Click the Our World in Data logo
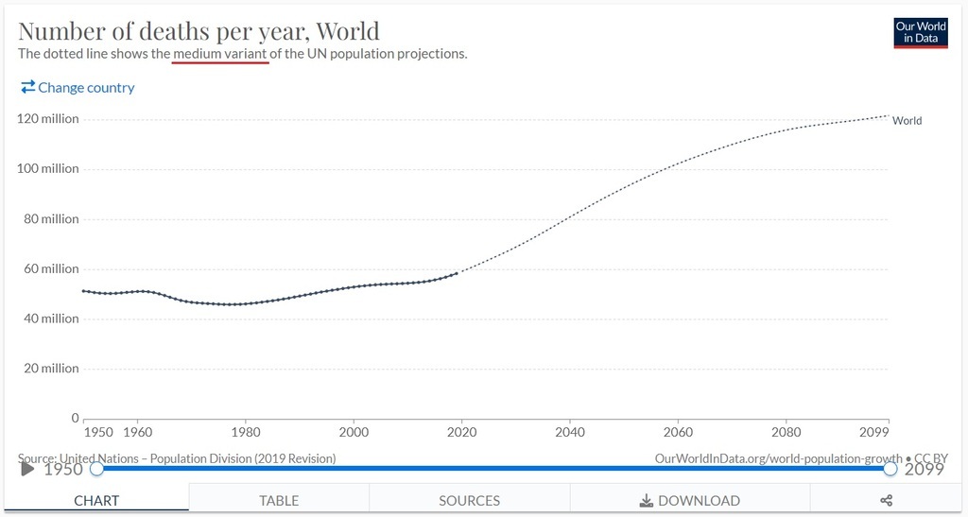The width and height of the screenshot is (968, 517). (x=920, y=33)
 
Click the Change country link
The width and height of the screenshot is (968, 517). (x=78, y=88)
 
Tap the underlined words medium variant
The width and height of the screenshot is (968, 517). (x=220, y=54)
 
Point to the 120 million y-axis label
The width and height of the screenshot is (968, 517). (x=48, y=119)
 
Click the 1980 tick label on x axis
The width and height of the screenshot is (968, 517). (x=246, y=432)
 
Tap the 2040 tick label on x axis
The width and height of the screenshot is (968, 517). (x=570, y=432)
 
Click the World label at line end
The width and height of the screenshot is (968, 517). (x=907, y=121)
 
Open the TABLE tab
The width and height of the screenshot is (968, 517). (x=279, y=500)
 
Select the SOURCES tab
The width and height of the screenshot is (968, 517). (x=469, y=500)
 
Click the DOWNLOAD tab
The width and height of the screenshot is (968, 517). (x=690, y=500)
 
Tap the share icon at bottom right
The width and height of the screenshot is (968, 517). (x=889, y=500)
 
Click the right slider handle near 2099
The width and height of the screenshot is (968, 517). (x=890, y=468)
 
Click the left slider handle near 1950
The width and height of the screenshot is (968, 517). (x=96, y=468)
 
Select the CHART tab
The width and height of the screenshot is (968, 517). (x=96, y=500)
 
